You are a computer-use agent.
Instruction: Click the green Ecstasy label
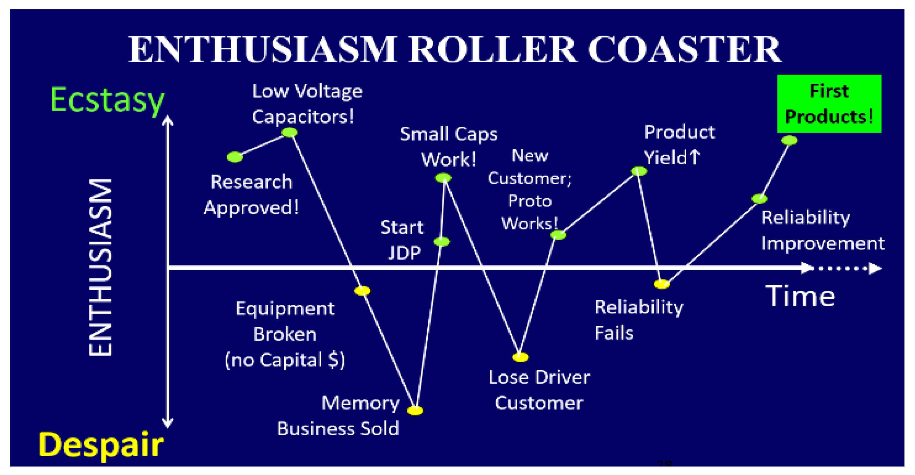(x=107, y=100)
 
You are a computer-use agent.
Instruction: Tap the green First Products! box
(x=829, y=104)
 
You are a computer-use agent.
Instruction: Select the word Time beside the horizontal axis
(x=800, y=296)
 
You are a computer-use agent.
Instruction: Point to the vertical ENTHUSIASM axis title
(x=101, y=267)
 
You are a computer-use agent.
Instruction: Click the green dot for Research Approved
(x=235, y=157)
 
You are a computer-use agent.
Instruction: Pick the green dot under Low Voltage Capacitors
(x=290, y=133)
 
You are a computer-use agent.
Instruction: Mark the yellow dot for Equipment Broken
(x=362, y=291)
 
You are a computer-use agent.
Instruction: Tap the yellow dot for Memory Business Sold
(x=415, y=411)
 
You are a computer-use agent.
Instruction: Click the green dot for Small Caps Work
(x=443, y=178)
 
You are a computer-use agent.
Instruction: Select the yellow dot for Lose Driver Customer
(x=520, y=357)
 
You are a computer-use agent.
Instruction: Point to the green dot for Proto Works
(x=558, y=235)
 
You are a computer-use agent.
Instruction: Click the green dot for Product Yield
(x=639, y=171)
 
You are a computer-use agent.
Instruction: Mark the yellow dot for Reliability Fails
(x=662, y=284)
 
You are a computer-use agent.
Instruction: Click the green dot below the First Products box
(x=789, y=140)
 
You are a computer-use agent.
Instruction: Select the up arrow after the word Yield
(x=694, y=157)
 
